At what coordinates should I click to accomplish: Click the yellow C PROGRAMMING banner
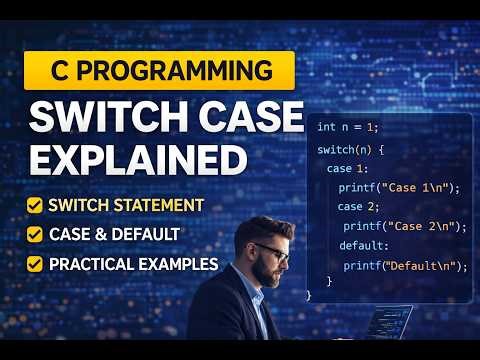coord(159,71)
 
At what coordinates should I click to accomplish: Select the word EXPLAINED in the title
coord(137,159)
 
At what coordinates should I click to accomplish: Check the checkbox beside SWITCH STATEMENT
coord(35,205)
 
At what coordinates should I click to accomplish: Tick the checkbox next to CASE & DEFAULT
coord(35,234)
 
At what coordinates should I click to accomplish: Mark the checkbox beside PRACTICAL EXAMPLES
coord(35,264)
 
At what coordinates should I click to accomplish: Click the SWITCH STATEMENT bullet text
coord(126,205)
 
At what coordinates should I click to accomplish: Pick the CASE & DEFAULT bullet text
coord(114,234)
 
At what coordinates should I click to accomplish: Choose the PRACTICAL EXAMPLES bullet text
coord(133,264)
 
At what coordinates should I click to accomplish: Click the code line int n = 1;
coord(348,127)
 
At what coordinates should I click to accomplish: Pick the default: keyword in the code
coord(363,245)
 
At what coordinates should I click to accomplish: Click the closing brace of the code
coord(310,295)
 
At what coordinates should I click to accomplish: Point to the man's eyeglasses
coord(272,250)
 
